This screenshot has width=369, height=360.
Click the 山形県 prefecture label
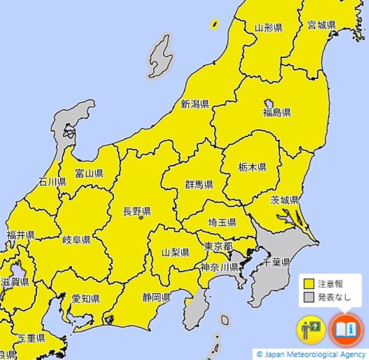click(x=268, y=28)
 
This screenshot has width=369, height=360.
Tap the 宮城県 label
click(x=321, y=25)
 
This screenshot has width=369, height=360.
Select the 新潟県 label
click(x=195, y=104)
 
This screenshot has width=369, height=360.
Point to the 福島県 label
click(x=277, y=113)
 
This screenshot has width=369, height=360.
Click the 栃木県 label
click(x=252, y=167)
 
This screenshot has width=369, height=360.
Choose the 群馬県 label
click(x=199, y=185)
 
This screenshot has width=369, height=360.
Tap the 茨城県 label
click(x=285, y=200)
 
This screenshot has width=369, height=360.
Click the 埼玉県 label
click(x=222, y=222)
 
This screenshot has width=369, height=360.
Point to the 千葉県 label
click(x=276, y=263)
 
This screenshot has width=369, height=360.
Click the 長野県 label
click(x=137, y=212)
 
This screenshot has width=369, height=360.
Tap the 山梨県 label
click(x=175, y=252)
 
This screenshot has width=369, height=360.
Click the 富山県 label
click(x=89, y=174)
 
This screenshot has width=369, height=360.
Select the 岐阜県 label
click(x=77, y=240)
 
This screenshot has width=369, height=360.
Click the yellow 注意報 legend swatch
click(x=308, y=284)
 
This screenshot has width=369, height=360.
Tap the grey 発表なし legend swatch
click(x=308, y=297)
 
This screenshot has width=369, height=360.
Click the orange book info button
click(x=346, y=330)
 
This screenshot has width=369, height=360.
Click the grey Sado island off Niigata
click(x=161, y=57)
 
